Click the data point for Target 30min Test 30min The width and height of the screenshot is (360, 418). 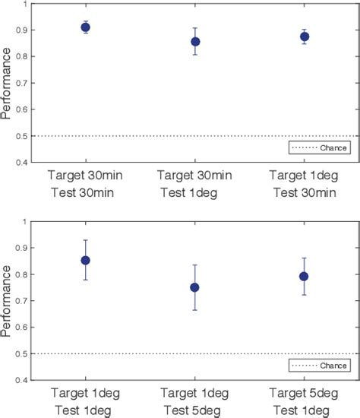pyautogui.click(x=85, y=27)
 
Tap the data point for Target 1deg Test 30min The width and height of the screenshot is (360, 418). pyautogui.click(x=305, y=36)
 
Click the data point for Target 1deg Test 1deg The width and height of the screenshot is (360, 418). pyautogui.click(x=85, y=261)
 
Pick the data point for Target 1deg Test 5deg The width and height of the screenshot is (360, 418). pyautogui.click(x=195, y=287)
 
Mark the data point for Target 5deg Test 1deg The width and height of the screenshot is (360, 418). pyautogui.click(x=305, y=277)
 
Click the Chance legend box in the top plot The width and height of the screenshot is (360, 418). pyautogui.click(x=319, y=148)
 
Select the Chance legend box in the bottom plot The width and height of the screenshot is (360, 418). pyautogui.click(x=319, y=366)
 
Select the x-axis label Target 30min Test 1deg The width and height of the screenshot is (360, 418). pyautogui.click(x=195, y=185)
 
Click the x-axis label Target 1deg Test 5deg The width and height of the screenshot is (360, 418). pyautogui.click(x=195, y=403)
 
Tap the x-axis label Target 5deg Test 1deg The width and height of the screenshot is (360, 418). pyautogui.click(x=305, y=403)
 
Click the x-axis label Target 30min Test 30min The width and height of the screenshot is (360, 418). pyautogui.click(x=85, y=185)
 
